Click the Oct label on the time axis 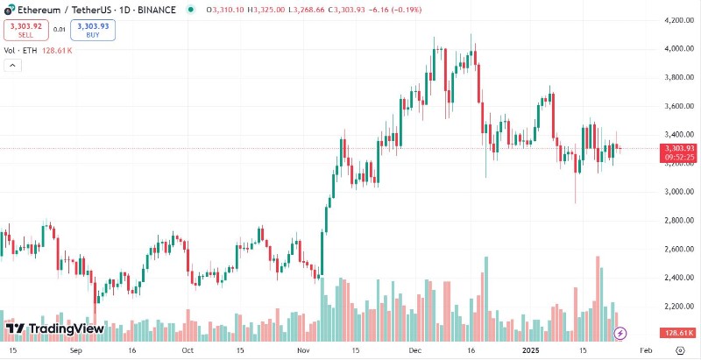(x=187, y=349)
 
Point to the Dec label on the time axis (x=415, y=349)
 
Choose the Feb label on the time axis (x=646, y=349)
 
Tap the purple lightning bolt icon (x=620, y=333)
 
